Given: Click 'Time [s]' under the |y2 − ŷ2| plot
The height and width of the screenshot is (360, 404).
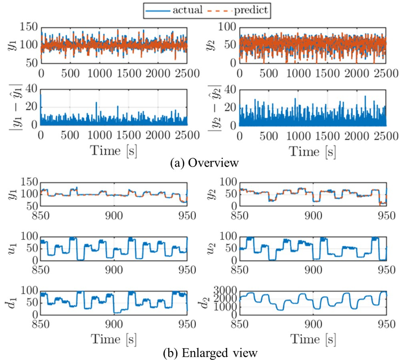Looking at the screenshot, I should click(312, 151).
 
